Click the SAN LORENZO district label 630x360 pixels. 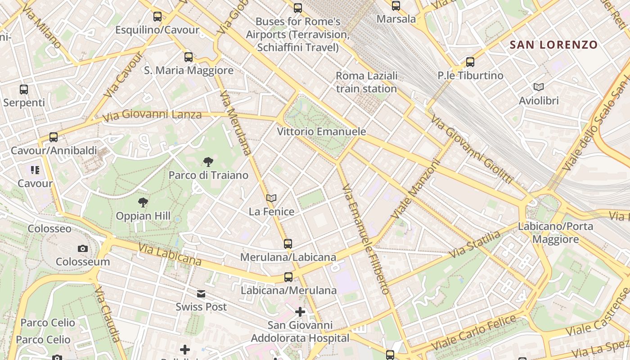[x=553, y=45]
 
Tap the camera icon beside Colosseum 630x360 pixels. [x=83, y=248]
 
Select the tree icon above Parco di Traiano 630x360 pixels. [x=208, y=162]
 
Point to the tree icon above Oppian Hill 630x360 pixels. [x=143, y=202]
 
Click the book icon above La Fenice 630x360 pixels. [x=271, y=198]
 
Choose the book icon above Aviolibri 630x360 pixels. [x=538, y=87]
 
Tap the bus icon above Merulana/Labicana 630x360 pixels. [x=288, y=244]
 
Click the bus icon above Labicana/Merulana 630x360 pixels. [x=288, y=277]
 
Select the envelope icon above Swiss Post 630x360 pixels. [x=201, y=294]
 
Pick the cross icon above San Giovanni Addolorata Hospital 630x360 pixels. [x=300, y=311]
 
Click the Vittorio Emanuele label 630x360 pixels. [x=321, y=132]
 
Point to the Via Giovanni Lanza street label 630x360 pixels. [x=152, y=115]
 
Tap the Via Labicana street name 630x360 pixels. [x=170, y=254]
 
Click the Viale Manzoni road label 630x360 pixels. [x=415, y=189]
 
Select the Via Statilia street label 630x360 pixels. [x=474, y=245]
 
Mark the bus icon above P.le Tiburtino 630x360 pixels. [x=470, y=62]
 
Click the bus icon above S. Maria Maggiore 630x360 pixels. [x=189, y=57]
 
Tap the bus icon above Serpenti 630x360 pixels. [x=24, y=90]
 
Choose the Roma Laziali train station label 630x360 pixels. [x=366, y=82]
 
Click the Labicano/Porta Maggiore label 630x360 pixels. [x=555, y=233]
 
